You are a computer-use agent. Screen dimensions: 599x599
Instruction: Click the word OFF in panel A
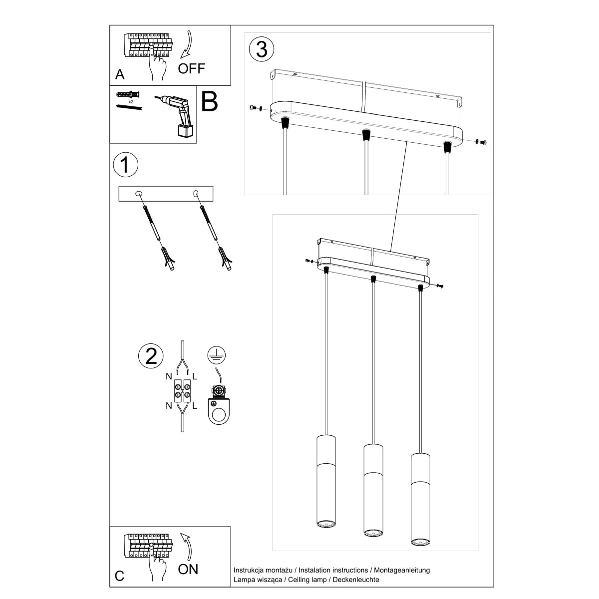pyautogui.click(x=191, y=68)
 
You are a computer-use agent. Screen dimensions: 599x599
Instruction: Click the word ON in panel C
pyautogui.click(x=188, y=569)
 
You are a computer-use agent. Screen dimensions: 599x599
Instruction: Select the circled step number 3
pyautogui.click(x=262, y=49)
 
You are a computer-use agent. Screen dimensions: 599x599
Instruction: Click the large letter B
pyautogui.click(x=210, y=101)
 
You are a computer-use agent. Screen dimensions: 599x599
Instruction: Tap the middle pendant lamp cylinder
pyautogui.click(x=373, y=488)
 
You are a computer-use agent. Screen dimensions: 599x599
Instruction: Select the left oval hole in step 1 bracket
pyautogui.click(x=139, y=193)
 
